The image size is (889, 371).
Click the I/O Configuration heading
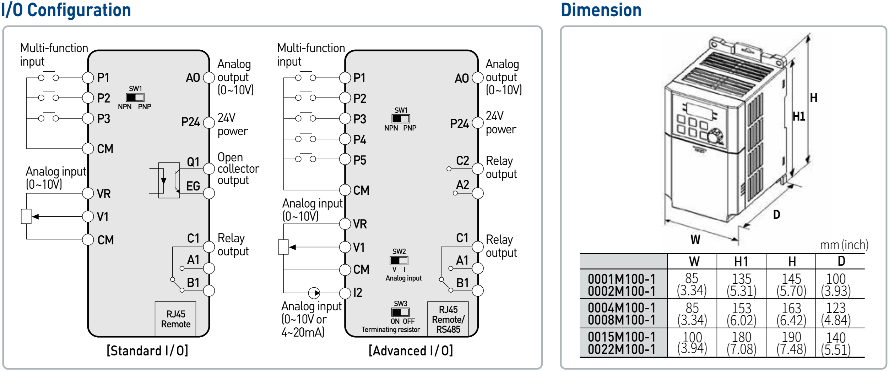66,10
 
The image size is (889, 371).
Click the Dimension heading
601,10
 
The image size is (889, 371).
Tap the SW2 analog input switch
399,261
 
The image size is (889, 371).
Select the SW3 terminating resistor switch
400,312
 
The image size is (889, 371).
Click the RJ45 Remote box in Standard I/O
175,319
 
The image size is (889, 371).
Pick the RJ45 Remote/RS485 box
448,319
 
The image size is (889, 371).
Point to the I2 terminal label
358,293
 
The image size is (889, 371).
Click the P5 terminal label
359,160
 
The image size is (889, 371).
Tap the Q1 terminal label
193,162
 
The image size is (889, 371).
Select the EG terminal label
193,186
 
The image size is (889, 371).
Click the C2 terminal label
462,161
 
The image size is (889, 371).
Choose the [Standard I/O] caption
147,351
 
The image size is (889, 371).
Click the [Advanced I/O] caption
411,351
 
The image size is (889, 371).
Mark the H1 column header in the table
741,262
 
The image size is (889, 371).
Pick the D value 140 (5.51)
836,343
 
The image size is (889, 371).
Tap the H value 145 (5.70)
791,284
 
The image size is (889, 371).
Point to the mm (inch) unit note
844,245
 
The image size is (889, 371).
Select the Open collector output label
238,168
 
